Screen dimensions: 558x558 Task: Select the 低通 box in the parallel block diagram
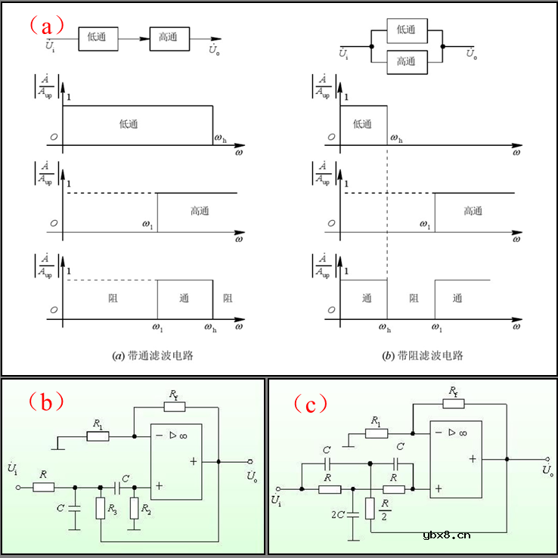[x=407, y=29]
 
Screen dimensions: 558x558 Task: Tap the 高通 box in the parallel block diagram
[x=407, y=61]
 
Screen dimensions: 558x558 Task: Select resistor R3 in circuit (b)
[x=101, y=508]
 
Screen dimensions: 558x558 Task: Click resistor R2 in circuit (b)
[x=134, y=508]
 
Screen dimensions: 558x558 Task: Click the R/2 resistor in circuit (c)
[x=370, y=508]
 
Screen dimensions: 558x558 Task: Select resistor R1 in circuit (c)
[x=377, y=433]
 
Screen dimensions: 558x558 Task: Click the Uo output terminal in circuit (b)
[x=250, y=461]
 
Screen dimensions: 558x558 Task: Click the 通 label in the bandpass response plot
[x=183, y=298]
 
